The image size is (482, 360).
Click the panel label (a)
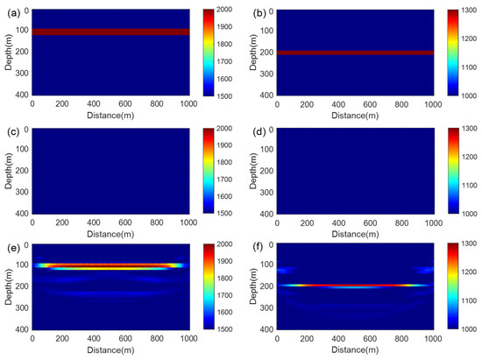point(11,9)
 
